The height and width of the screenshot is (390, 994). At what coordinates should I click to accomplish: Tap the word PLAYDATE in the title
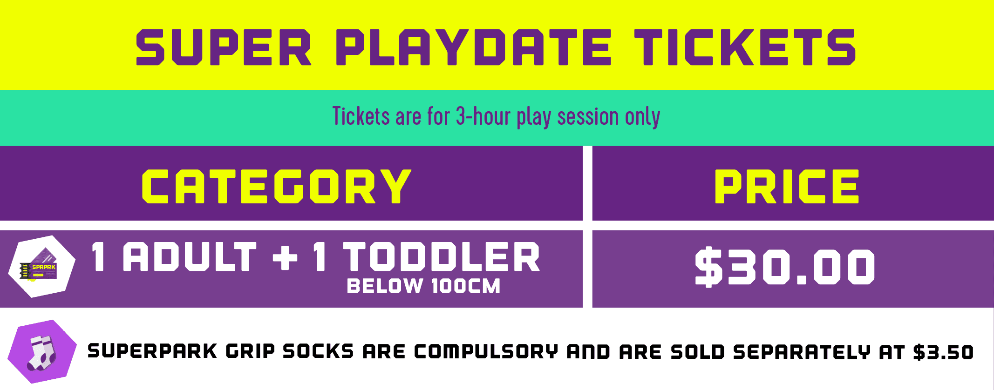(473, 47)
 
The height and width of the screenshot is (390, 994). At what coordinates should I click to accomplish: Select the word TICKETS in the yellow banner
(745, 47)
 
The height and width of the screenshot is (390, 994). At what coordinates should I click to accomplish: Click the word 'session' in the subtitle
(588, 116)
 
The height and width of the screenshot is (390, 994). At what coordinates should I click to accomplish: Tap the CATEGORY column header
(277, 186)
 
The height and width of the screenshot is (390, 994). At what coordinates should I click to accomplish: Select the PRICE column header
(787, 186)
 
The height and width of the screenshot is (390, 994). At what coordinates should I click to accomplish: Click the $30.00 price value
(785, 267)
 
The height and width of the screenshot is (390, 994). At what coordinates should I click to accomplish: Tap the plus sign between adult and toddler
(285, 257)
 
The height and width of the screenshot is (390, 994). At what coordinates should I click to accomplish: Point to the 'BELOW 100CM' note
(423, 286)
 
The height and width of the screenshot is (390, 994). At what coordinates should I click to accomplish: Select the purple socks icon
(42, 352)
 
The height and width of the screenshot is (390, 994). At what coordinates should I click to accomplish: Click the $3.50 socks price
(943, 352)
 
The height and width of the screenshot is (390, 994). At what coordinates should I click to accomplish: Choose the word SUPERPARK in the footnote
(152, 351)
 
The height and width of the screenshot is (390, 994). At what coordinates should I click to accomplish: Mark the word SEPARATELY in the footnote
(802, 352)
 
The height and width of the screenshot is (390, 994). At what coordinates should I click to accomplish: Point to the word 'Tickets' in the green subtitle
(361, 116)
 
